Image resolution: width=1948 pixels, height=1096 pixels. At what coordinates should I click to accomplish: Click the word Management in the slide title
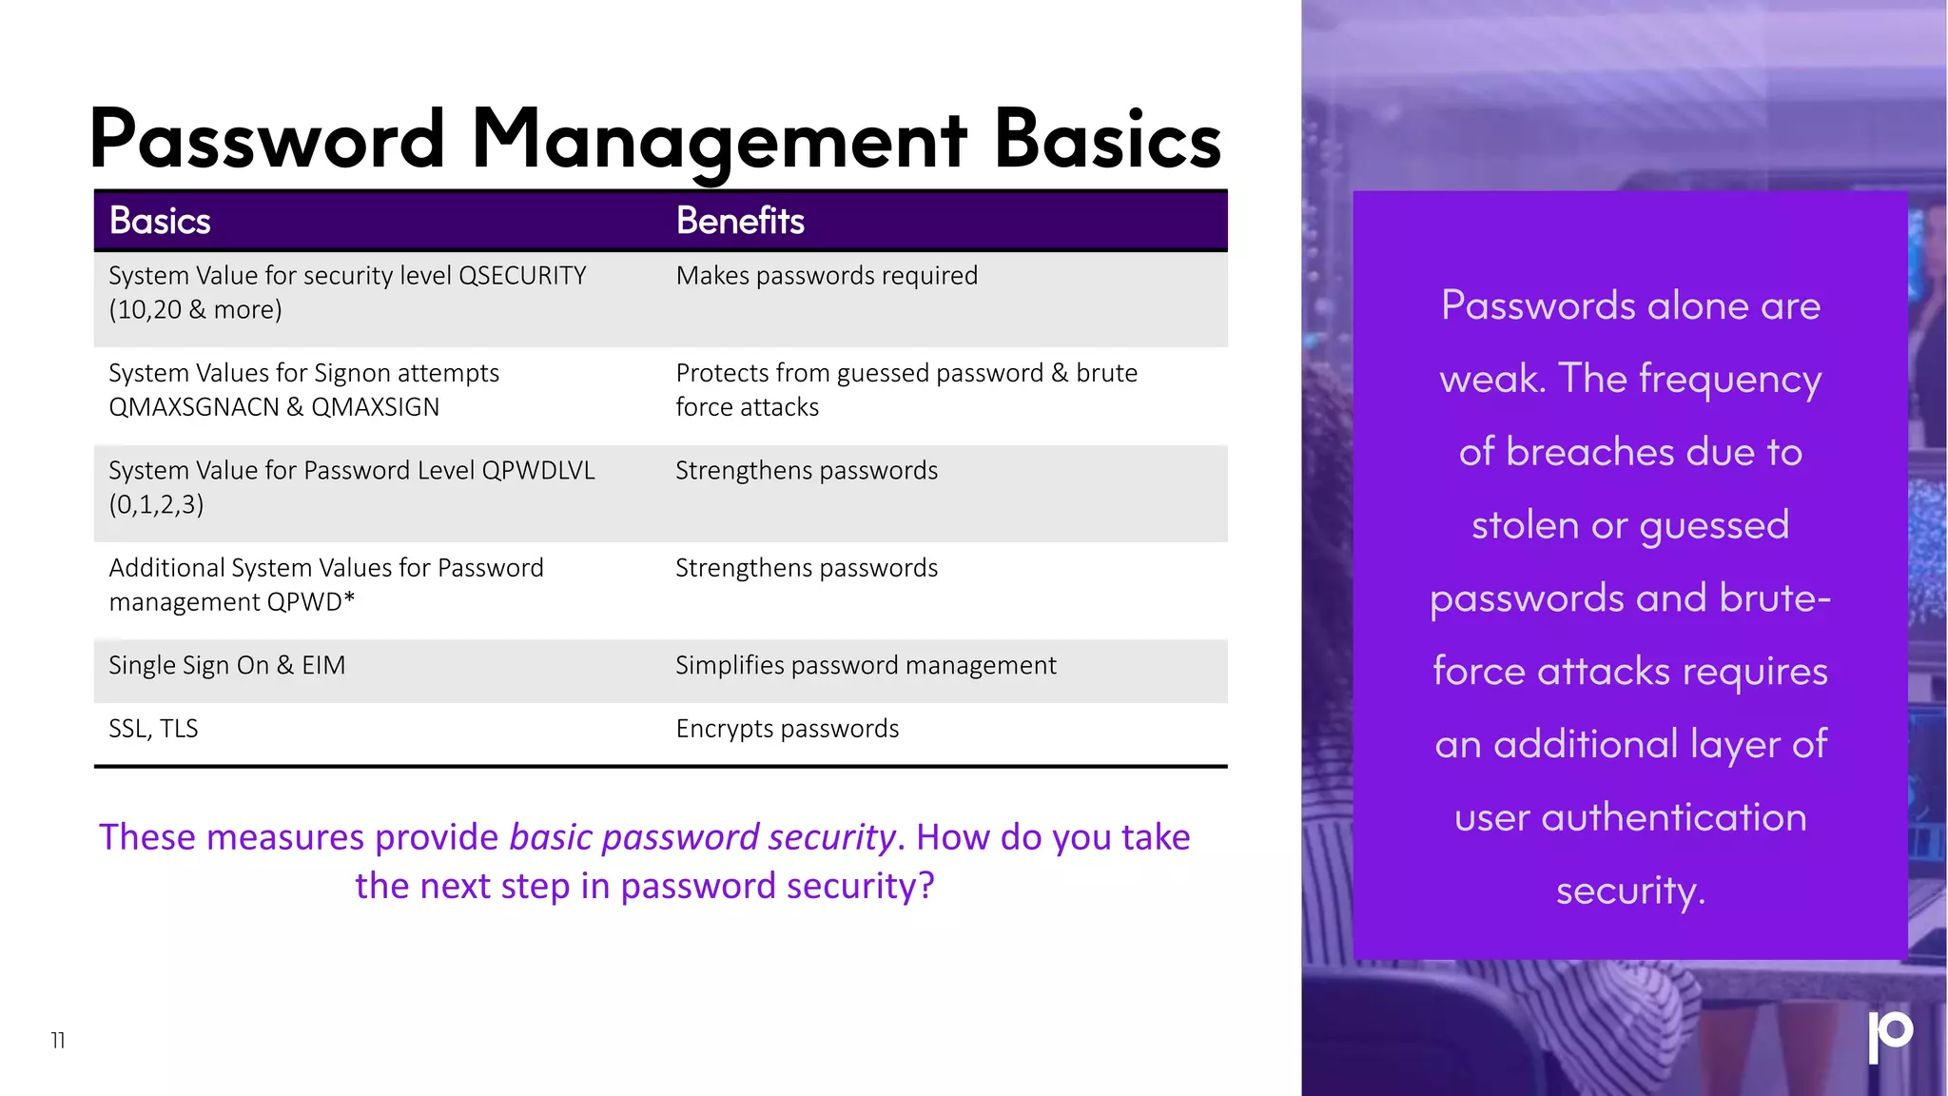point(719,141)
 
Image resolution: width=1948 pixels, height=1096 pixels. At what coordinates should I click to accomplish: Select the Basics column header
point(160,221)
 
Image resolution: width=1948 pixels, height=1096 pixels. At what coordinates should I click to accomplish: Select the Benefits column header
point(740,221)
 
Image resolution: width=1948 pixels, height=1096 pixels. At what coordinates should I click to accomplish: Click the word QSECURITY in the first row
point(522,276)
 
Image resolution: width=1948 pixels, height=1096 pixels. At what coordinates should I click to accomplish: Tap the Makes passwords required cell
point(827,276)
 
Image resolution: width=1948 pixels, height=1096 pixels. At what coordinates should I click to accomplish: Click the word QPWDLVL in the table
point(538,471)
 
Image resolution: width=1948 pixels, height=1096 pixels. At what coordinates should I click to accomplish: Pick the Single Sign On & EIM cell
point(226,666)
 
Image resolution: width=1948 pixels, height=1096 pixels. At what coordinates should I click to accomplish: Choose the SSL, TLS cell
point(153,729)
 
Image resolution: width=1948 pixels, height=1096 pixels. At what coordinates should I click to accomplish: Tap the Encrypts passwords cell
point(787,729)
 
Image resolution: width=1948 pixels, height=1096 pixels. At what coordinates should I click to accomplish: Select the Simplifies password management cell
point(866,666)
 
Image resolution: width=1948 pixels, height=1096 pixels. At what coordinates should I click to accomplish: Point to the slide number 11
point(58,1041)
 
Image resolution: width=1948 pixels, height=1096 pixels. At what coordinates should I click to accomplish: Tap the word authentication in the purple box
point(1674,818)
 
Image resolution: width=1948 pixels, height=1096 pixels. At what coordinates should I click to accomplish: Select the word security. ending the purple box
point(1630,891)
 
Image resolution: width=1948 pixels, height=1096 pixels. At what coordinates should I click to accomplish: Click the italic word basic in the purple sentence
point(551,838)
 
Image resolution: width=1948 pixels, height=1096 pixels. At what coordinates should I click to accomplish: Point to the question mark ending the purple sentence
point(926,887)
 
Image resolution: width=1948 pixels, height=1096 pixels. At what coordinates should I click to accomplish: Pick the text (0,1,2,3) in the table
point(156,505)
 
